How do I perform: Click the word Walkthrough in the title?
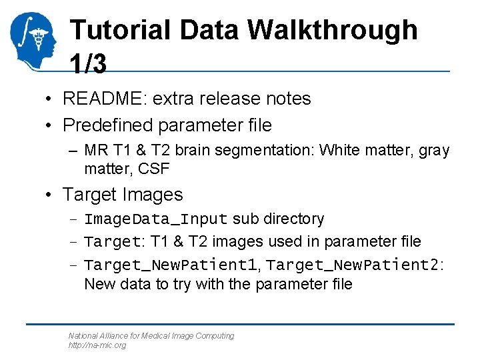pos(333,31)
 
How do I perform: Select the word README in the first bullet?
pos(101,99)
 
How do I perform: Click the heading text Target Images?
pos(122,195)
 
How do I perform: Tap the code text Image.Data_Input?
pos(156,219)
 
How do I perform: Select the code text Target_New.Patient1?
pos(171,265)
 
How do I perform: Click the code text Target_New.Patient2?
pos(354,265)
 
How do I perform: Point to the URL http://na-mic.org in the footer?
pos(97,345)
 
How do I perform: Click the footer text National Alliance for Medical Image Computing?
pos(151,336)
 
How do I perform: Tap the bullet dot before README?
pos(49,99)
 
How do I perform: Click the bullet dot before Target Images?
pos(49,195)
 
